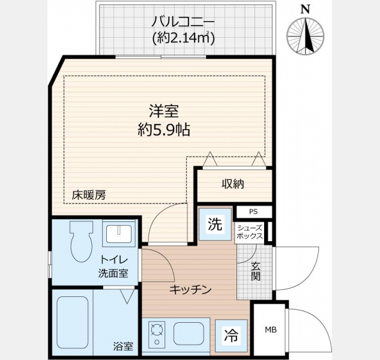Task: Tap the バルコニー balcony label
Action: [x=183, y=22]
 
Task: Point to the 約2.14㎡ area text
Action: [x=183, y=38]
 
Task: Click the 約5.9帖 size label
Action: [x=164, y=130]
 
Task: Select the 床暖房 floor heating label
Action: [x=89, y=195]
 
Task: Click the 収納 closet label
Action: [x=233, y=184]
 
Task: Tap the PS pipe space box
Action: [x=253, y=212]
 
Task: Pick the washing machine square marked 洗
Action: [x=215, y=224]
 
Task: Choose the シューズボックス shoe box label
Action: [x=249, y=232]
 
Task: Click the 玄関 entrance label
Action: [x=255, y=272]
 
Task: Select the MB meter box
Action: [x=271, y=329]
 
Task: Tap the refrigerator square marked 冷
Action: [x=231, y=336]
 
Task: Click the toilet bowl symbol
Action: [x=82, y=241]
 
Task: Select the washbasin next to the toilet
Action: [x=119, y=233]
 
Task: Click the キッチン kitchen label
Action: [x=190, y=290]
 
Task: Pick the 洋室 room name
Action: [x=164, y=111]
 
